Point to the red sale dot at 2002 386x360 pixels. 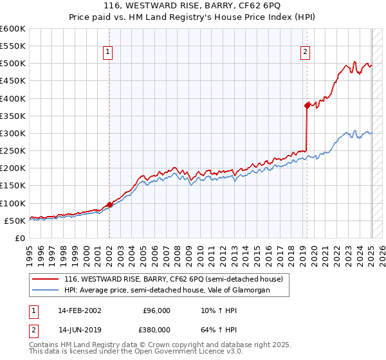109,204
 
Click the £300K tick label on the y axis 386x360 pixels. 13,133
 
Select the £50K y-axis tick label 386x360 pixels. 15,221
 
